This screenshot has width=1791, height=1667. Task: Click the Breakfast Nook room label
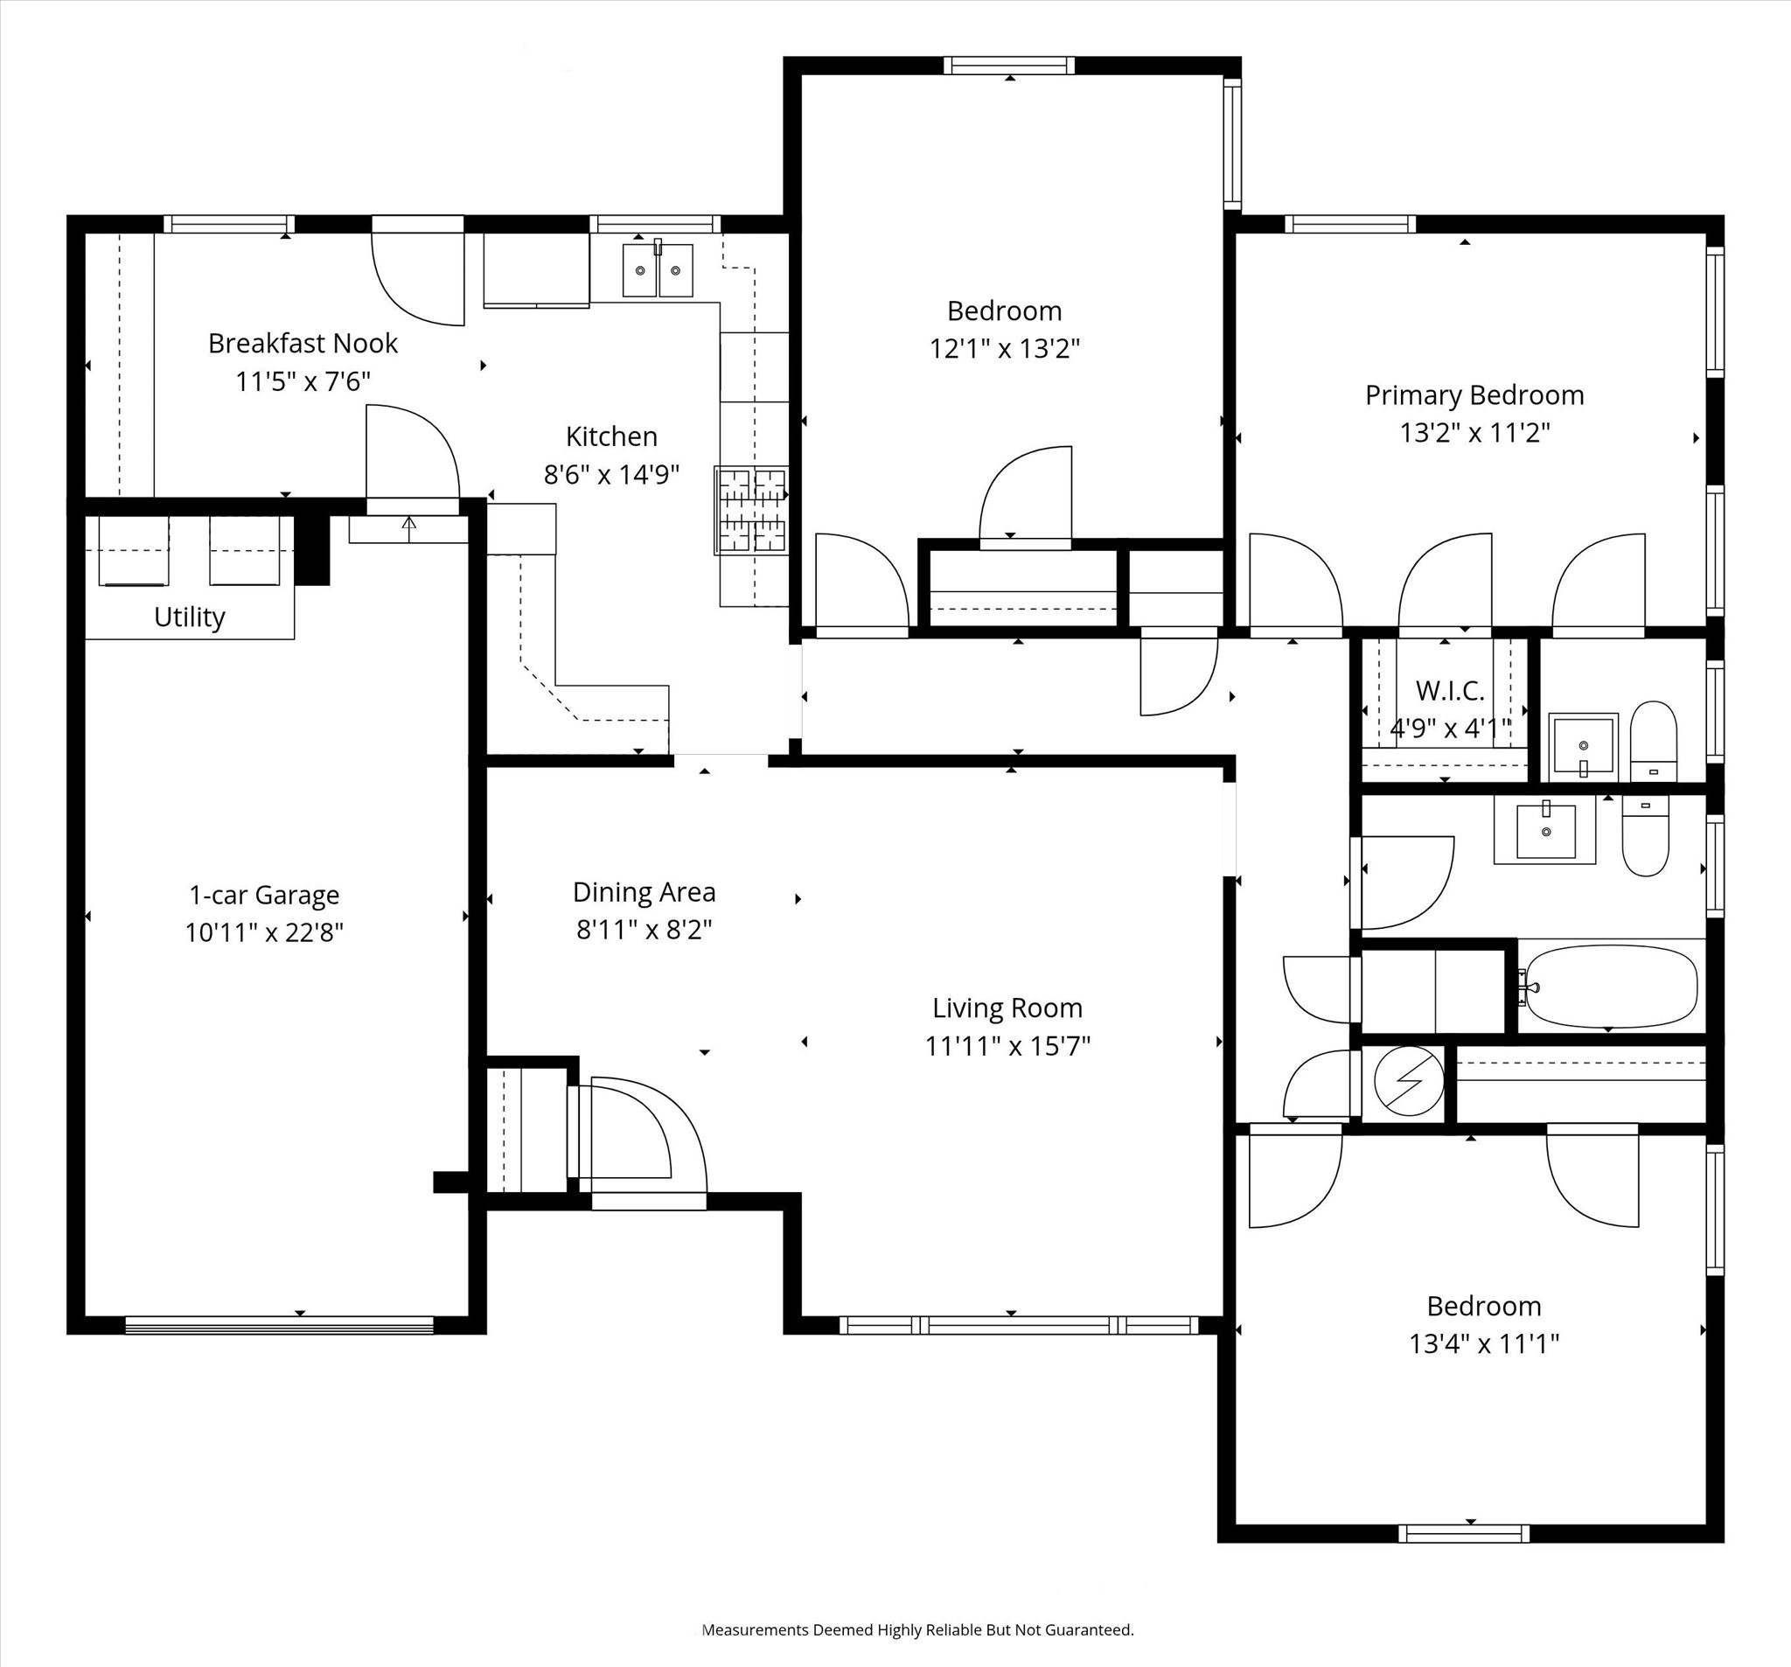(x=303, y=344)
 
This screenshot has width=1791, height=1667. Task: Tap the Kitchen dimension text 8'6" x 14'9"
(x=610, y=474)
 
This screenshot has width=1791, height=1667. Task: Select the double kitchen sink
(x=658, y=269)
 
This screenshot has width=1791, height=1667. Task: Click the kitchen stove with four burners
(x=751, y=509)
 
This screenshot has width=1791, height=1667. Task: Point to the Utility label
(x=189, y=617)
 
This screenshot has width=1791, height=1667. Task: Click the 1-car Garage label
(x=264, y=895)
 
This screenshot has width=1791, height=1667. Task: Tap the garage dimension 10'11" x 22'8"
(x=264, y=932)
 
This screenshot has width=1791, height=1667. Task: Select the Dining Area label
(x=645, y=892)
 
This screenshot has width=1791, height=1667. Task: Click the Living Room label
(x=1007, y=1008)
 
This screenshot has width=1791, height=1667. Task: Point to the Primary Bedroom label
(x=1474, y=394)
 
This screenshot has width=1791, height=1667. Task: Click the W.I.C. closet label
(x=1451, y=690)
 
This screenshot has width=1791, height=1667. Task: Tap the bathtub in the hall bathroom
(x=1612, y=986)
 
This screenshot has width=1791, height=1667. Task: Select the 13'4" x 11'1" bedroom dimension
(x=1484, y=1343)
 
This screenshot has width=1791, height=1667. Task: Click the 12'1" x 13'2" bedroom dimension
(x=1005, y=348)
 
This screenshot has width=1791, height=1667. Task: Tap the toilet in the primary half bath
(x=1654, y=742)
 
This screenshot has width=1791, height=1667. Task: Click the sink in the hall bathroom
(x=1546, y=831)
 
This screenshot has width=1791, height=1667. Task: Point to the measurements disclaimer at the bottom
(x=917, y=1630)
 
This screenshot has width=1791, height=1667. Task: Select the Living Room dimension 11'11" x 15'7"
(x=1007, y=1046)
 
